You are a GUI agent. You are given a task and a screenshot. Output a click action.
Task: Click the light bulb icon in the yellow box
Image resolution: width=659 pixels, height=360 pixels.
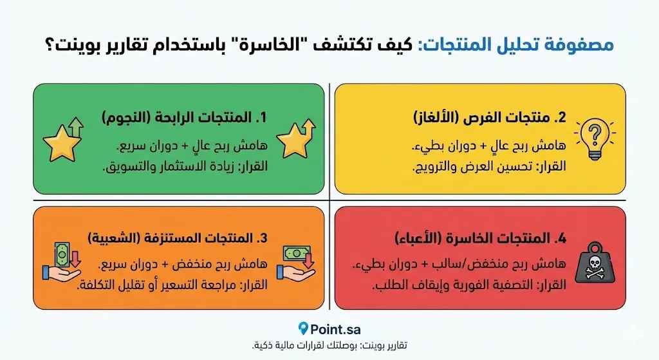(594, 139)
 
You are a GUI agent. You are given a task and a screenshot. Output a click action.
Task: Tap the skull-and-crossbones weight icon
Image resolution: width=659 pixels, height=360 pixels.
(594, 263)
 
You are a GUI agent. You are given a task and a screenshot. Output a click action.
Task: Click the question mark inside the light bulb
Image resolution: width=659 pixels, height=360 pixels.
(594, 134)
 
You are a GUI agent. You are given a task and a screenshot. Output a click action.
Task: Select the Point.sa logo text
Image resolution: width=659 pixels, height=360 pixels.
(335, 329)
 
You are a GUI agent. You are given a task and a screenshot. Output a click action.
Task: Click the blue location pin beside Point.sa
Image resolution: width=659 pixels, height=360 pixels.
(303, 328)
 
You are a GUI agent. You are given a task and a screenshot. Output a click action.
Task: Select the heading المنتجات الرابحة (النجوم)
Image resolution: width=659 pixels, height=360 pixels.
(185, 117)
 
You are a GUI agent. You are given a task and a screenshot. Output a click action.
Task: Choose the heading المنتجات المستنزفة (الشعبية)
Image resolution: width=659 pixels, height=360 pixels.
(178, 238)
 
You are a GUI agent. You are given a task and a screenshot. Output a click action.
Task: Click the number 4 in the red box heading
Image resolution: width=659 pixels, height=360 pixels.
(562, 239)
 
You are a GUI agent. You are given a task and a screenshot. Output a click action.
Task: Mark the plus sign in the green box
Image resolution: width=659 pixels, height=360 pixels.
(185, 146)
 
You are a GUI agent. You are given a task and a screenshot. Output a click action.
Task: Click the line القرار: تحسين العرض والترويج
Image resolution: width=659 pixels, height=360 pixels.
(489, 166)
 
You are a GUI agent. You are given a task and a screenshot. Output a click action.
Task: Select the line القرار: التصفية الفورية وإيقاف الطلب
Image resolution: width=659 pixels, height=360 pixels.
(469, 285)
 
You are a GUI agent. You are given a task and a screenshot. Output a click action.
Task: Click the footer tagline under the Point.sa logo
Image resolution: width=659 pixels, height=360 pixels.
(329, 345)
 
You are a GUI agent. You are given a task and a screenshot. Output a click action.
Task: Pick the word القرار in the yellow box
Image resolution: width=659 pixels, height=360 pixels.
(551, 166)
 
